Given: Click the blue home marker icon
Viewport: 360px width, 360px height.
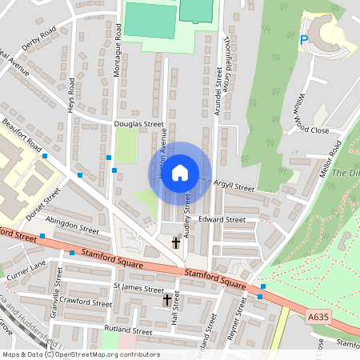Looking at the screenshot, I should pos(180,173).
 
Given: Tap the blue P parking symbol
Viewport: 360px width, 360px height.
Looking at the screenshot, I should pos(303,38).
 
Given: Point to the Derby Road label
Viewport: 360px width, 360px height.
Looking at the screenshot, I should pos(39,38).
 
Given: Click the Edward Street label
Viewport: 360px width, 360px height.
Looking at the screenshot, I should pos(222,218).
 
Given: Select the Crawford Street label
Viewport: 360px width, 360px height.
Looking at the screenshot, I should pos(90,303).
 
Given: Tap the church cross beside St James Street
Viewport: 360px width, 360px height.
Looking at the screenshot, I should pos(167,300).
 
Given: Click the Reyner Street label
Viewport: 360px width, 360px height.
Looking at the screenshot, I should pos(237,319).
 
